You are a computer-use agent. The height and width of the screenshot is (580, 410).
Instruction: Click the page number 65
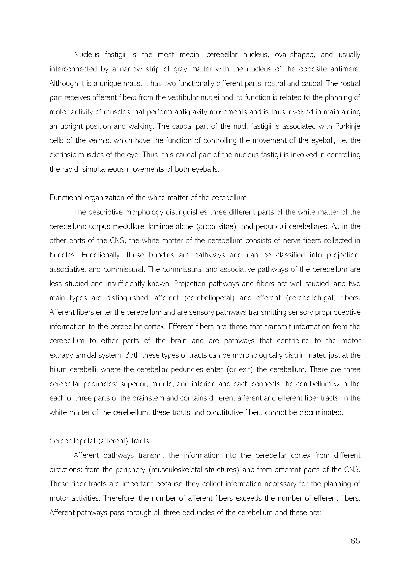[x=355, y=541]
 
